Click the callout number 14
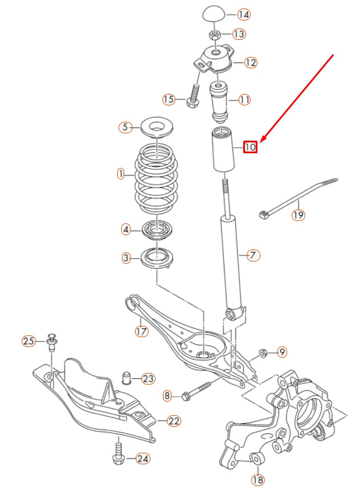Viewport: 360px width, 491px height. tap(244, 14)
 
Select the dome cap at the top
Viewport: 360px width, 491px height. tap(214, 14)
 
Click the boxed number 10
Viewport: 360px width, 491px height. tap(250, 146)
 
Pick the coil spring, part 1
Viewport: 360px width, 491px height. tap(156, 178)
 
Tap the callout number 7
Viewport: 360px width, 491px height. tap(253, 255)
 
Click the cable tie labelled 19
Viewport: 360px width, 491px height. tap(297, 197)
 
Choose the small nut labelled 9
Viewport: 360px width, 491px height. tap(263, 353)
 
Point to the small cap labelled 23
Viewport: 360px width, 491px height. tap(126, 378)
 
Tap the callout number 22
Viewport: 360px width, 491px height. tap(174, 421)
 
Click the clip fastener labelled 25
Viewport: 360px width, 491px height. tap(52, 342)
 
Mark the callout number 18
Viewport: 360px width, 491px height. tap(258, 480)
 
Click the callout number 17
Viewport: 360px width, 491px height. tap(141, 331)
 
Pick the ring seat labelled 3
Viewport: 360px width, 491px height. tap(157, 257)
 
